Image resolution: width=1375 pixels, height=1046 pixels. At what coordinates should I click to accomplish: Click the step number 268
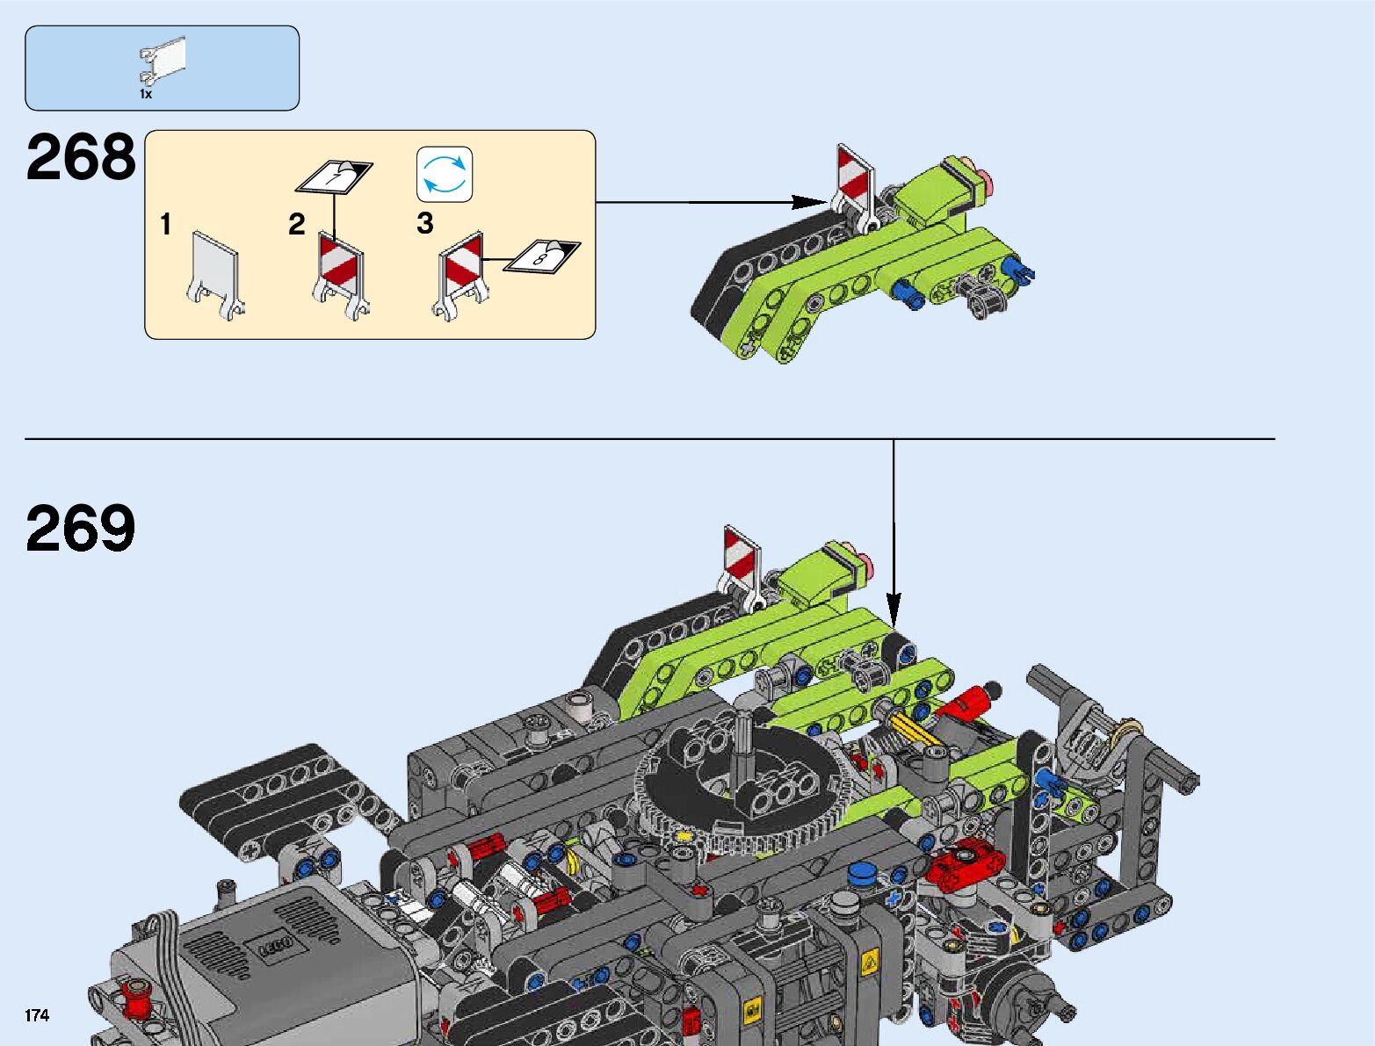coord(81,158)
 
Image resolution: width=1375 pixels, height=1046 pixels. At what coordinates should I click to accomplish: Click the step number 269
coord(81,529)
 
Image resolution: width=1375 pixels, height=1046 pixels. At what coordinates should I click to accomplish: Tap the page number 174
coord(37,1016)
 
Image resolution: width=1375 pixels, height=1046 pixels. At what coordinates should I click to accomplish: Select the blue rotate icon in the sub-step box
coord(445,174)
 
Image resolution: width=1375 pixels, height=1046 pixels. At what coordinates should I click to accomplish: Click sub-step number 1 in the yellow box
coord(165,225)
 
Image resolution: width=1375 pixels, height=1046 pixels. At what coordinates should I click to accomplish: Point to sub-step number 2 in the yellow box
coord(297,225)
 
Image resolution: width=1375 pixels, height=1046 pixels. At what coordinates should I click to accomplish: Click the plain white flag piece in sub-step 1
coord(215,272)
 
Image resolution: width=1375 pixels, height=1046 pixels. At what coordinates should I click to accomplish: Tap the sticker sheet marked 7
coord(334,176)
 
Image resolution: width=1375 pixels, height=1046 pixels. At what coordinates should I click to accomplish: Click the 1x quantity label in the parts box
coord(146,93)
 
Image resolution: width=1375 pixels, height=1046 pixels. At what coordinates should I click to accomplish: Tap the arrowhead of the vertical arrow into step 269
coord(894,606)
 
